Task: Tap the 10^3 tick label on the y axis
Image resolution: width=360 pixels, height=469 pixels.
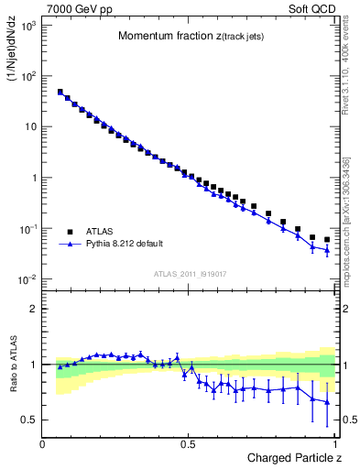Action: click(x=27, y=26)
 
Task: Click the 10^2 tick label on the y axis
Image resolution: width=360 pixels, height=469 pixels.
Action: click(x=27, y=76)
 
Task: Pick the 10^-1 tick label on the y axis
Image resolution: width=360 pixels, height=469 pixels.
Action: click(x=27, y=228)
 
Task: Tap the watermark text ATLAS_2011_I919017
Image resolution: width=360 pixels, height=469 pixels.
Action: click(x=190, y=272)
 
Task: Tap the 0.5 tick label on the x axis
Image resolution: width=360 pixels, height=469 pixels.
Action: click(x=189, y=443)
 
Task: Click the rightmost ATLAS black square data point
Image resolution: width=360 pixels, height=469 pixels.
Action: click(x=327, y=239)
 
